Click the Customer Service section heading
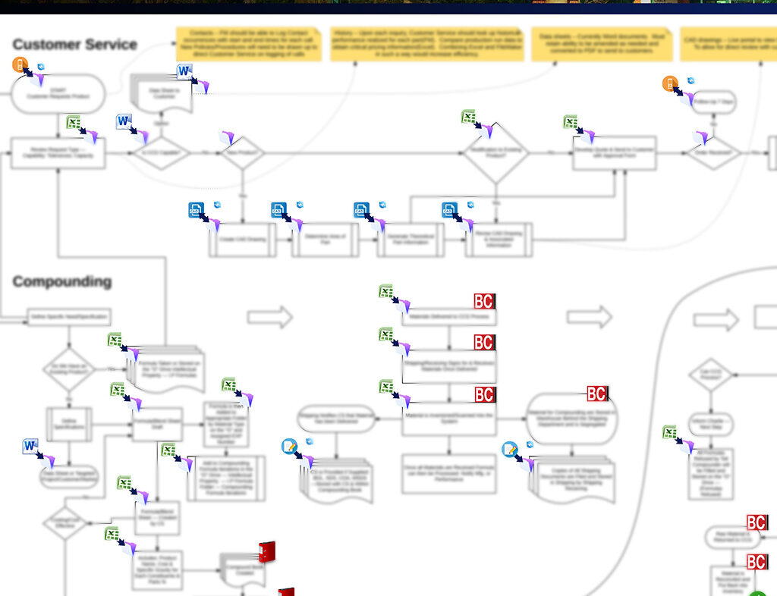coord(74,45)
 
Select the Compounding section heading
coord(61,282)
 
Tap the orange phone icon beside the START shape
coord(20,64)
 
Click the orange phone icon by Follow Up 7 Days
coord(669,83)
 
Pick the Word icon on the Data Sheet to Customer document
coord(184,72)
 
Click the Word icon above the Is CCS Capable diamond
coord(124,122)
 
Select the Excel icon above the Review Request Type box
coord(74,122)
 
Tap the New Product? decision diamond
coord(241,153)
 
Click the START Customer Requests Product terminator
coord(58,93)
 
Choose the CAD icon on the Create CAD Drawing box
coord(197,210)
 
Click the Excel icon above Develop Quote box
coord(571,122)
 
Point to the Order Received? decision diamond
coord(713,153)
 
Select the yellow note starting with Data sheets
coord(600,45)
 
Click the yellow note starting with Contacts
coord(248,45)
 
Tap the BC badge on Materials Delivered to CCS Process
coord(484,301)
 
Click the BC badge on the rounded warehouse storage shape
coord(596,394)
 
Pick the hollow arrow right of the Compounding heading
coord(269,317)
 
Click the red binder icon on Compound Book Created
coord(266,552)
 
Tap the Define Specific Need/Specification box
coord(69,317)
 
